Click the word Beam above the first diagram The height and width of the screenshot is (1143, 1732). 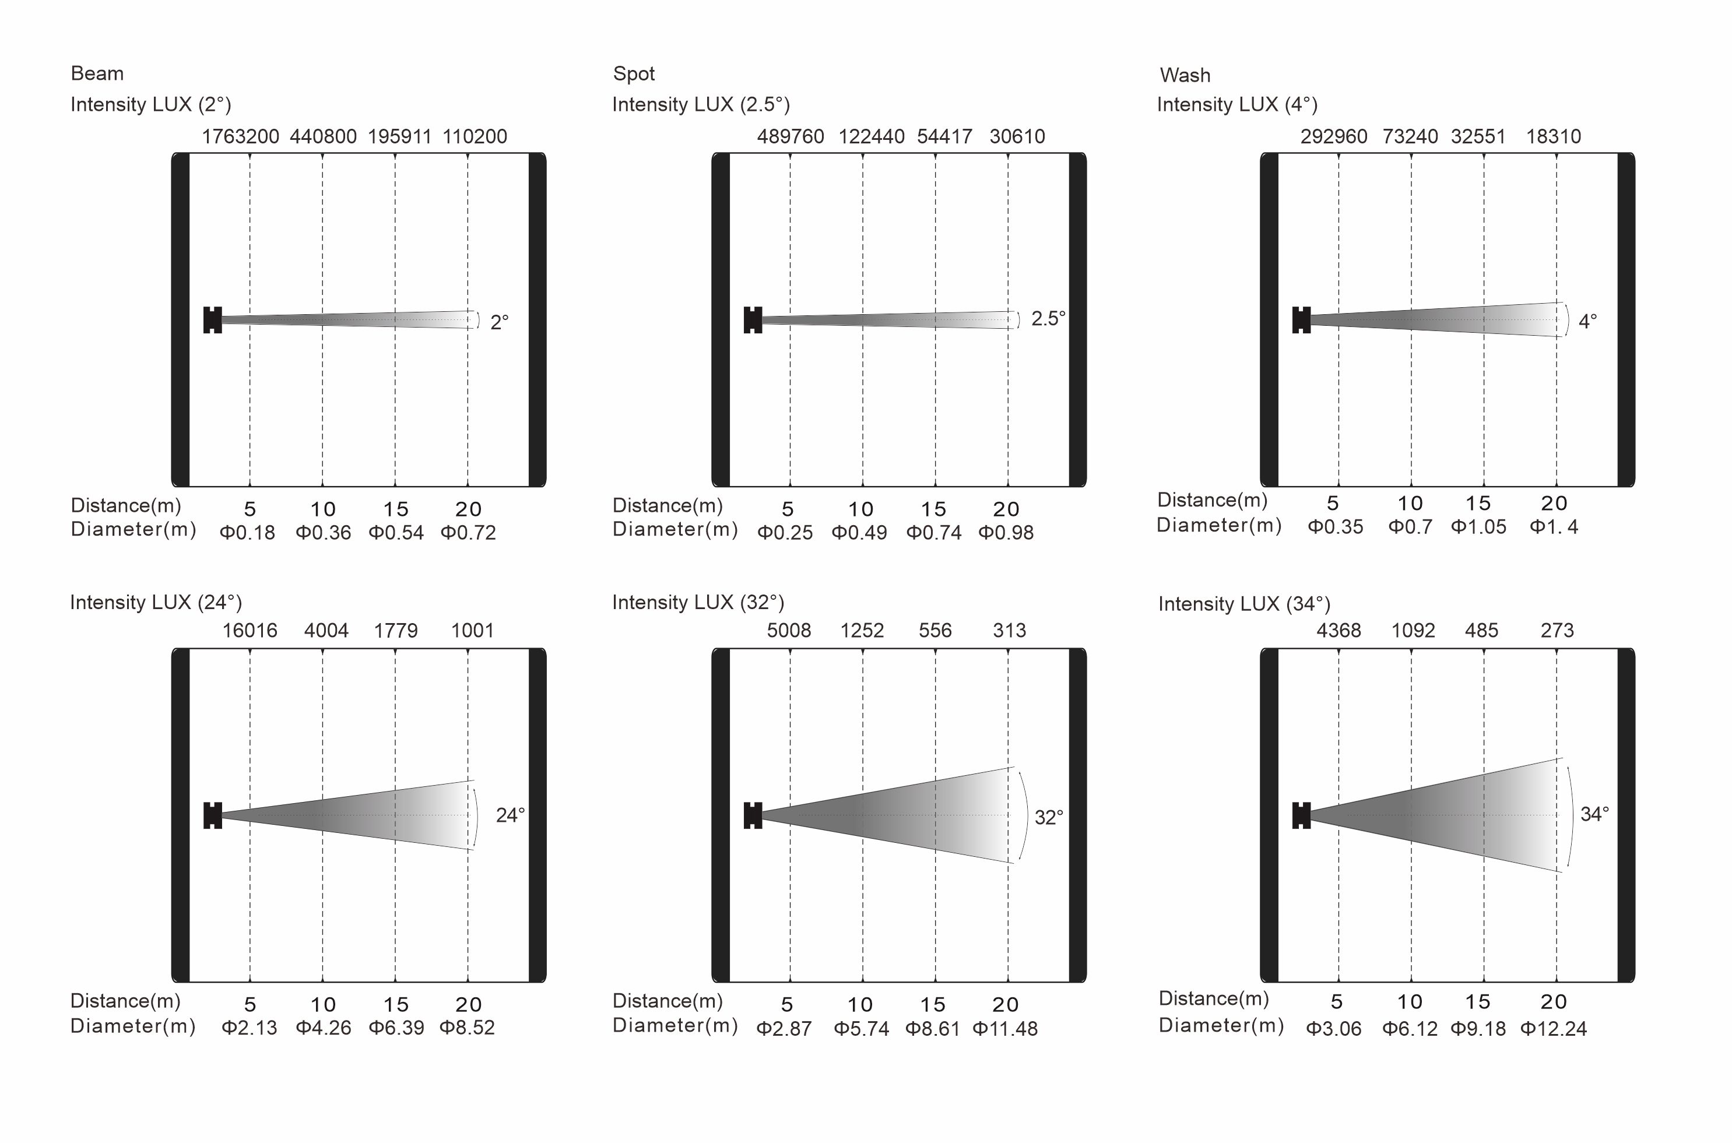click(x=97, y=73)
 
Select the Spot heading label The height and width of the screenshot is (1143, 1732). click(x=634, y=73)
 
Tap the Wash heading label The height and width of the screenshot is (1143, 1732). click(x=1185, y=75)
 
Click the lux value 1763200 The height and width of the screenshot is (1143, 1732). click(x=240, y=136)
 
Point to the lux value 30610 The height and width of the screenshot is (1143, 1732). click(x=1017, y=136)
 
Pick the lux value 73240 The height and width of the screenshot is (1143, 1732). click(x=1410, y=136)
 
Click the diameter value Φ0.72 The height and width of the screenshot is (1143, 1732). click(x=468, y=533)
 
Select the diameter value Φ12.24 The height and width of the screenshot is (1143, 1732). click(x=1554, y=1029)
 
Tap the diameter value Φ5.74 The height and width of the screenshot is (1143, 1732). click(x=861, y=1029)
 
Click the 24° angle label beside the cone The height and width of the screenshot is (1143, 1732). click(x=510, y=815)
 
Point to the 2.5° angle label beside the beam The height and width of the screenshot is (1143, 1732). click(x=1048, y=319)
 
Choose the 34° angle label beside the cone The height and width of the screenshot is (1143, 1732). click(x=1594, y=814)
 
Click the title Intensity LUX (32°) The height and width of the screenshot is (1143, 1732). click(x=698, y=602)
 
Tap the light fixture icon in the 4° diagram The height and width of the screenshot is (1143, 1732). click(x=1301, y=320)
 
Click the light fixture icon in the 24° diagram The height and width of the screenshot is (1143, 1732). click(x=213, y=815)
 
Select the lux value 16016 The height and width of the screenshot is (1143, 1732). click(x=250, y=631)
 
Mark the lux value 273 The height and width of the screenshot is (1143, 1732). click(x=1557, y=631)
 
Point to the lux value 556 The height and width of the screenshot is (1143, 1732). click(x=934, y=631)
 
